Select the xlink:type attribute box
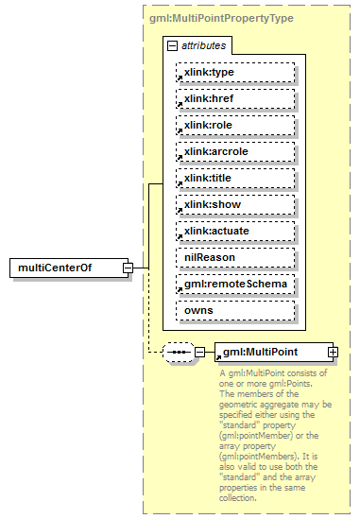pyautogui.click(x=235, y=72)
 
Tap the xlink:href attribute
pyautogui.click(x=235, y=98)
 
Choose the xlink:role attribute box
pyautogui.click(x=235, y=125)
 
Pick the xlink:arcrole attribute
pyautogui.click(x=235, y=151)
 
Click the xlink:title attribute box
pyautogui.click(x=235, y=178)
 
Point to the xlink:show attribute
pyautogui.click(x=235, y=204)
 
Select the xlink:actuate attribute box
pyautogui.click(x=235, y=231)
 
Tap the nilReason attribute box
pyautogui.click(x=235, y=257)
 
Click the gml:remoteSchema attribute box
pyautogui.click(x=235, y=284)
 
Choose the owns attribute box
pyautogui.click(x=235, y=310)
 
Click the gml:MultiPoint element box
pyautogui.click(x=269, y=353)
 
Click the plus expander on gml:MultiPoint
pyautogui.click(x=333, y=353)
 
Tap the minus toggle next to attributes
pyautogui.click(x=171, y=45)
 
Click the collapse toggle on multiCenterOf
pyautogui.click(x=128, y=268)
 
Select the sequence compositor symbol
pyautogui.click(x=178, y=353)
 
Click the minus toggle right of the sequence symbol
pyautogui.click(x=199, y=353)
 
